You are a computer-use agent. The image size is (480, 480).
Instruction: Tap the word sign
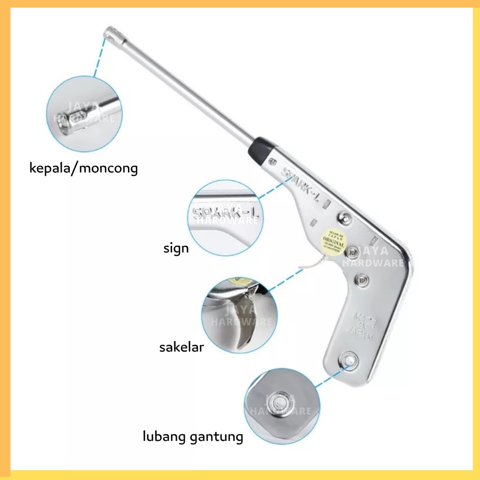(x=176, y=248)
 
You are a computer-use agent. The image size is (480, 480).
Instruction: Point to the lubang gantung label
(x=193, y=437)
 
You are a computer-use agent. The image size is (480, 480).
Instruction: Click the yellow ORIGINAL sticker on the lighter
(x=333, y=240)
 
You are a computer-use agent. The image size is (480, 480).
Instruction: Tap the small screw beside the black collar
(x=272, y=163)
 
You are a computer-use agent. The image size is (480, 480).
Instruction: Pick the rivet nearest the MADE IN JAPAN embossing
(x=362, y=280)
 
